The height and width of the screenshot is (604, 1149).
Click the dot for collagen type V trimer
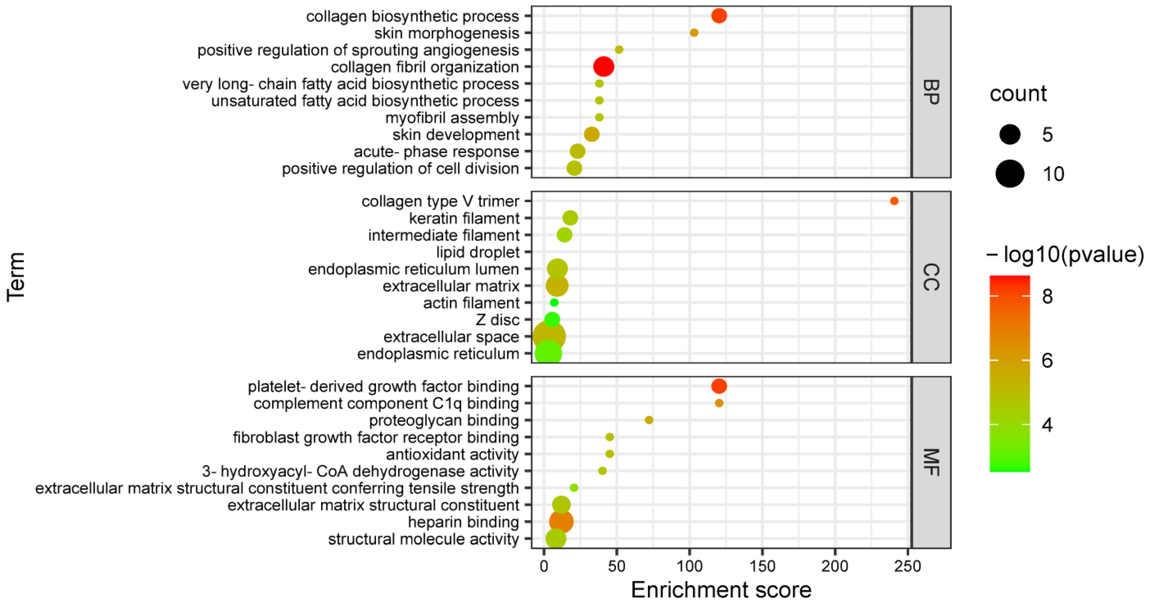click(894, 201)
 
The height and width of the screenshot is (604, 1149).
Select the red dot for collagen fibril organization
click(603, 67)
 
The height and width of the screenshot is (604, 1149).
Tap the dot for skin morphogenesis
click(694, 32)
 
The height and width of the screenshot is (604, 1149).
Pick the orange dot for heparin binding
click(561, 521)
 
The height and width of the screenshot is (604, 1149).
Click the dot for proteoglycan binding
click(649, 420)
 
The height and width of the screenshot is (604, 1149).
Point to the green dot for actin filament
click(554, 303)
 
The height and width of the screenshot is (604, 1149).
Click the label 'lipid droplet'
click(478, 252)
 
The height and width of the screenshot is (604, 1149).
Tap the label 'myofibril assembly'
click(452, 118)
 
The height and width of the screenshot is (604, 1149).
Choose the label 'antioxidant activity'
click(452, 454)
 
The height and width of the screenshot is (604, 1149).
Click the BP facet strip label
click(931, 92)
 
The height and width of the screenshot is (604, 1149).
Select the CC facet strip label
click(931, 277)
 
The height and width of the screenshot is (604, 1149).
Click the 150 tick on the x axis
click(762, 566)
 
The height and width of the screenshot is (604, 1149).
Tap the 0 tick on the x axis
click(544, 566)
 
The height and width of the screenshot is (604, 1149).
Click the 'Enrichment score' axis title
click(721, 590)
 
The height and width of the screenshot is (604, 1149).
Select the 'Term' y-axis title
click(16, 277)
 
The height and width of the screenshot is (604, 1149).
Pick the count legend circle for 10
click(1010, 174)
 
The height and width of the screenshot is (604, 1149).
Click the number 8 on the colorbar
click(1047, 296)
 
